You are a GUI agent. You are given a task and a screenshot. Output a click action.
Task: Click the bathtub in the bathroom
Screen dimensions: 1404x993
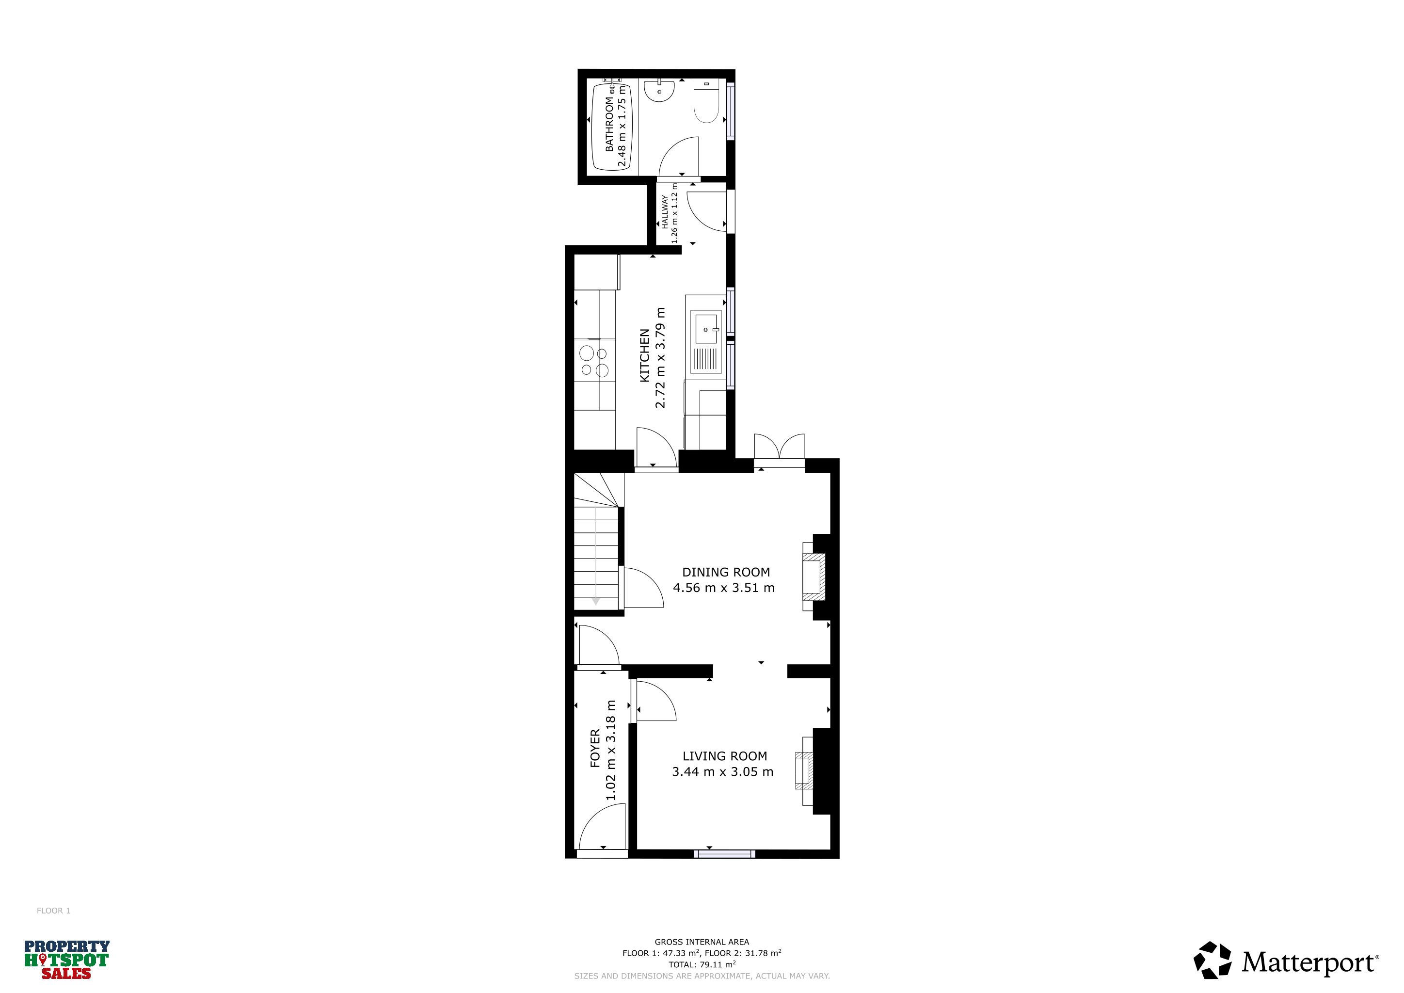click(611, 127)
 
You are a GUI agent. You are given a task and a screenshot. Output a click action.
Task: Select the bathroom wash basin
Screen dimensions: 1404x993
click(659, 90)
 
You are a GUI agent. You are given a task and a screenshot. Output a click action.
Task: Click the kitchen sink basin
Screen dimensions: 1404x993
click(706, 329)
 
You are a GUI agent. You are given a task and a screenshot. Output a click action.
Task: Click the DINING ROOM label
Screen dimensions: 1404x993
click(726, 572)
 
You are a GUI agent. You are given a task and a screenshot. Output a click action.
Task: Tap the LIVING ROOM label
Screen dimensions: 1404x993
click(725, 756)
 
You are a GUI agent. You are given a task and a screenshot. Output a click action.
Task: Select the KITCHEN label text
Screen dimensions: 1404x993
click(644, 355)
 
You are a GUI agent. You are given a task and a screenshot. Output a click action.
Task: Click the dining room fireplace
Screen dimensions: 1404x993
click(814, 577)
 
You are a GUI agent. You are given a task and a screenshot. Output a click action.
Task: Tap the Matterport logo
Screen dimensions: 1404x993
click(1287, 961)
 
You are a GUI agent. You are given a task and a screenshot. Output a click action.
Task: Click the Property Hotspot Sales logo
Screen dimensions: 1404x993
click(66, 960)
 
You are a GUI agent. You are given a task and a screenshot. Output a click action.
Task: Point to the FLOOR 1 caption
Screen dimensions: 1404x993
click(53, 911)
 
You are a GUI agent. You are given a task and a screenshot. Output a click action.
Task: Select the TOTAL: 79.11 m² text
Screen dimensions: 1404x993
click(702, 964)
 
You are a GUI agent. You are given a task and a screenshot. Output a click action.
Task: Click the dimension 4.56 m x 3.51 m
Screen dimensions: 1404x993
click(723, 588)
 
